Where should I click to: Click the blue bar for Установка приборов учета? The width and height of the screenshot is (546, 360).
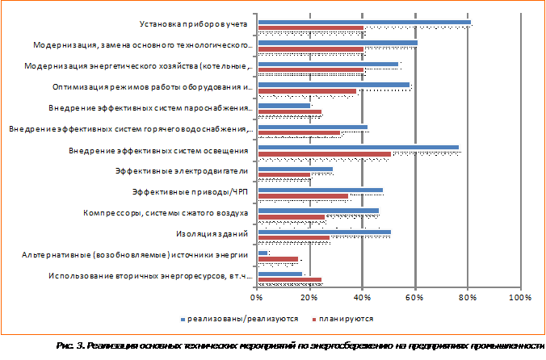tap(363, 23)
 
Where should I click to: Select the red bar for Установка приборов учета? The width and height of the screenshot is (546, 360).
tap(310, 28)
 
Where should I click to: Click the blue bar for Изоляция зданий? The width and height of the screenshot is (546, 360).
tap(324, 232)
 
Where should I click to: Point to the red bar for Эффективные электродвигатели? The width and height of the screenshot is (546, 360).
tap(283, 174)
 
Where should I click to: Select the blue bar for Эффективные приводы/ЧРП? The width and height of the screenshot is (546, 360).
tap(320, 190)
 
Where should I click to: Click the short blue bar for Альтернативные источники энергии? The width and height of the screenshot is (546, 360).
tap(262, 253)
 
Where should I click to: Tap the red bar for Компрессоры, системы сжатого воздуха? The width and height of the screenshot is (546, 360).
tap(291, 216)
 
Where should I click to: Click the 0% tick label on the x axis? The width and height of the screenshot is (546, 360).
tap(257, 299)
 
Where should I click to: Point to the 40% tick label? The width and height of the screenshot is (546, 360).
tap(363, 299)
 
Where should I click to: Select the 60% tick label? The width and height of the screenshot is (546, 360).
tap(415, 299)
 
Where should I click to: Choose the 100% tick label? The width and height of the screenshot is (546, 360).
tap(521, 299)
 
